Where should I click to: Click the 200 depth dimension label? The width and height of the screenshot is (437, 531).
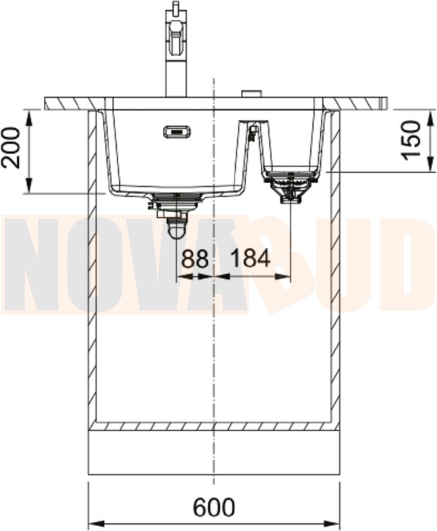[x=11, y=148]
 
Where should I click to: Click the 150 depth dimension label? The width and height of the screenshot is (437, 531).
[x=411, y=139]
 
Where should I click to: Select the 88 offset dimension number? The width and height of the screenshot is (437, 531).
[x=195, y=258]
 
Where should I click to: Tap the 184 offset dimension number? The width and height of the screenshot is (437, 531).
[x=250, y=258]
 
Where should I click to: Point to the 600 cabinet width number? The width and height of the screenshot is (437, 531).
[x=214, y=507]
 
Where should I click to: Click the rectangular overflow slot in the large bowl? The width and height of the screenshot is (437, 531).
[x=178, y=132]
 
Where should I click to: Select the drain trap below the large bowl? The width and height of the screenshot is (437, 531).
[x=176, y=217]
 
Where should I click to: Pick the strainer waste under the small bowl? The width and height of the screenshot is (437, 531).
[x=290, y=185]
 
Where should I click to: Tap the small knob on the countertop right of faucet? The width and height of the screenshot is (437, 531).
[x=251, y=93]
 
